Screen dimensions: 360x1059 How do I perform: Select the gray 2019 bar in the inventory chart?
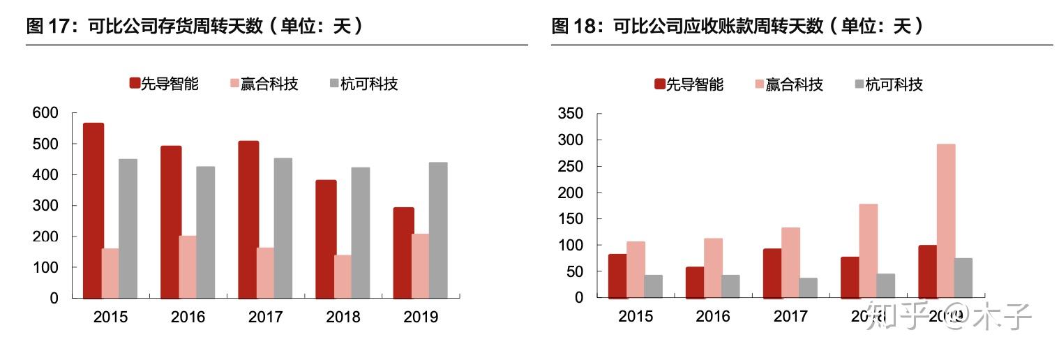438,230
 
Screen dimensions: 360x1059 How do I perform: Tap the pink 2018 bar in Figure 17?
343,276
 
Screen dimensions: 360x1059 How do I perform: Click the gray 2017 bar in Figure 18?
808,287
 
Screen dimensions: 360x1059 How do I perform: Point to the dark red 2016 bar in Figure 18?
695,282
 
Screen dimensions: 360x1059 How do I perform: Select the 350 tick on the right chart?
571,114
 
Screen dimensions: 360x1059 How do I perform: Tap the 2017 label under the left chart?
265,317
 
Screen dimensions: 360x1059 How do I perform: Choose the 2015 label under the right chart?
636,317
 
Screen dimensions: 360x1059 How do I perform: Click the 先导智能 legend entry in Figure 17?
164,84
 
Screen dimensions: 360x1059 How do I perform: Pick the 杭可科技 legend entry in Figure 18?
888,85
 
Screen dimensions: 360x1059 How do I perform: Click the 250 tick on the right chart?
571,167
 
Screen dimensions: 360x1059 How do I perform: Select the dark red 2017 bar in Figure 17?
248,219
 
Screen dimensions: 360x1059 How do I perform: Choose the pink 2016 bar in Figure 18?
713,268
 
